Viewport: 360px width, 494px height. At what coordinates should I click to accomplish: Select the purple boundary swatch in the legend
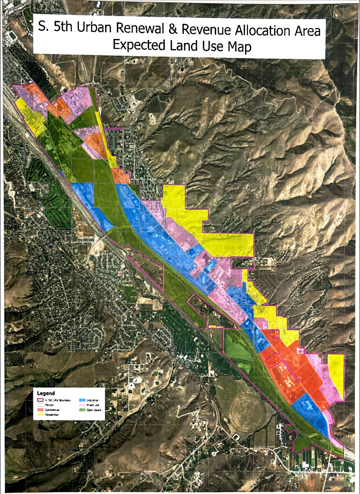tap(40, 400)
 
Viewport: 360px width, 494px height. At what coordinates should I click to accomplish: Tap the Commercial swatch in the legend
tap(40, 409)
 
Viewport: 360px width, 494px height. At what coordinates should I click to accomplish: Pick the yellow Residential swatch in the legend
tap(40, 414)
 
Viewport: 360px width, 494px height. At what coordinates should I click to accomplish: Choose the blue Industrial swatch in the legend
tap(82, 400)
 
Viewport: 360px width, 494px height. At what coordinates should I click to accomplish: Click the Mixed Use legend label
tap(93, 405)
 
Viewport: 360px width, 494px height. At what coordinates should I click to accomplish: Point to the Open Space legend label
tap(94, 409)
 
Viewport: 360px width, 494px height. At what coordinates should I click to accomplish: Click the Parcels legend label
tap(49, 405)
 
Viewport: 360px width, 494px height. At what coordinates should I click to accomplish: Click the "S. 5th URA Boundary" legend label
tap(57, 400)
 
